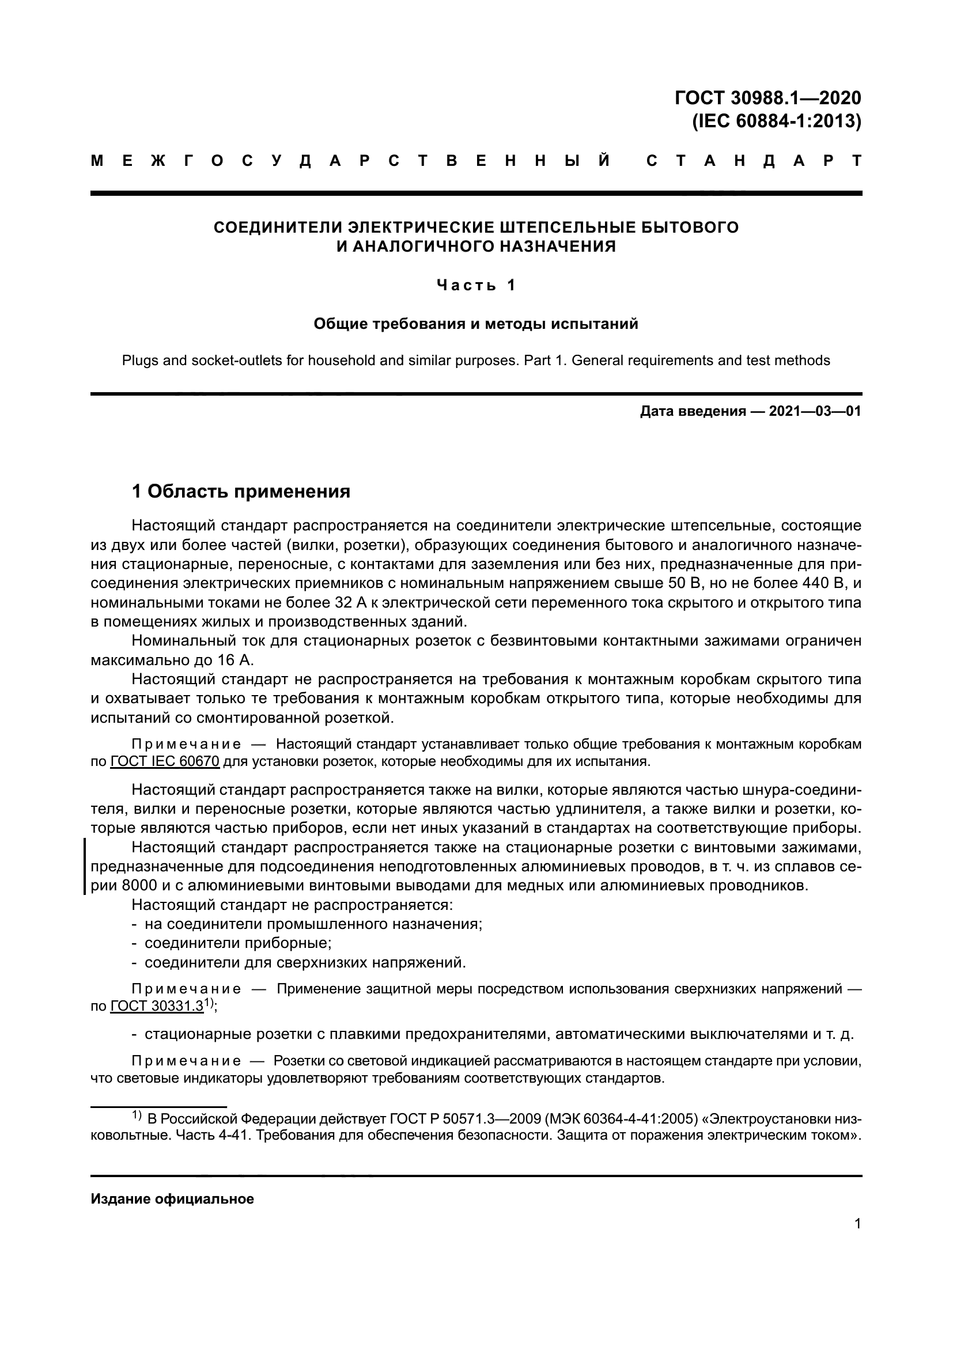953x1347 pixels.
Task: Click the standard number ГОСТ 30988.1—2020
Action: click(768, 97)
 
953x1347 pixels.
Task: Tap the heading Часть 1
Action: click(476, 285)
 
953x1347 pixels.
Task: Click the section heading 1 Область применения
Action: click(241, 491)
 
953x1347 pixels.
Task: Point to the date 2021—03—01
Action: click(815, 411)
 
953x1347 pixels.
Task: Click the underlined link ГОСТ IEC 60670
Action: click(165, 762)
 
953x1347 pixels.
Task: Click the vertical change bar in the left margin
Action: click(85, 866)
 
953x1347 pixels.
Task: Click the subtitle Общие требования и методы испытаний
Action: click(476, 324)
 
